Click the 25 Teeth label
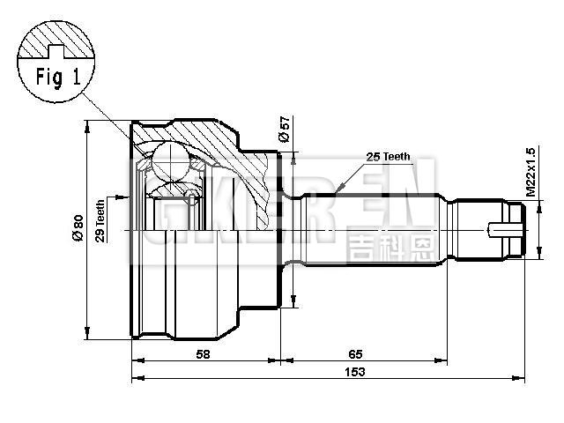388,157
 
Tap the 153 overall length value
355,372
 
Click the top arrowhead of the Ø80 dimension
86,126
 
